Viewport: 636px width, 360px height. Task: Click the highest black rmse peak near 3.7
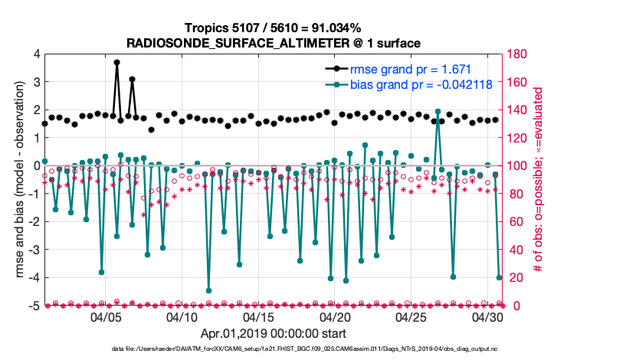pyautogui.click(x=116, y=62)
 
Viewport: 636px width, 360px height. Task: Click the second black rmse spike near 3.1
pyautogui.click(x=132, y=79)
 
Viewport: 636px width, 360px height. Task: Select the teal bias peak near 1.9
pyautogui.click(x=438, y=112)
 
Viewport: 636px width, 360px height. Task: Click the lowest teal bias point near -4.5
pyautogui.click(x=208, y=290)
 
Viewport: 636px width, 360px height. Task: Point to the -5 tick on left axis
pyautogui.click(x=33, y=306)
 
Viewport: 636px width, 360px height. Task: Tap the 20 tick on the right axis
pyautogui.click(x=514, y=278)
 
